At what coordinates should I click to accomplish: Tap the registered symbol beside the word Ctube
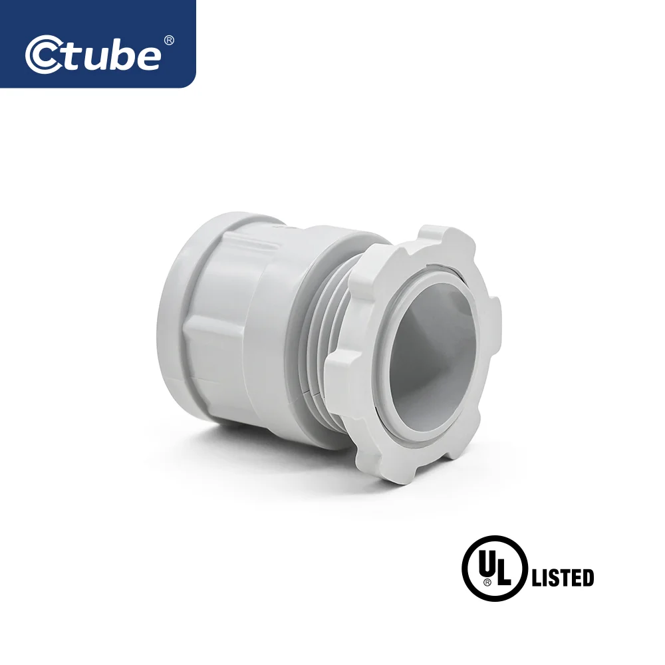tap(168, 41)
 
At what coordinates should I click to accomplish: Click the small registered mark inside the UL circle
tap(487, 581)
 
